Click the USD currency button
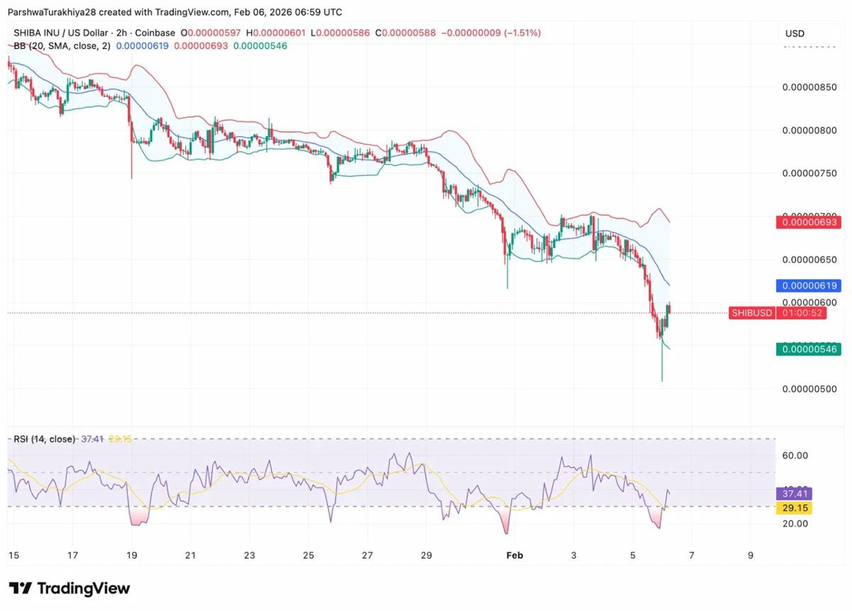point(794,33)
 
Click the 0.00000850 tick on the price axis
point(809,87)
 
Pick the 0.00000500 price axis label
point(809,389)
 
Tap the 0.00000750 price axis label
point(809,173)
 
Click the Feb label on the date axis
point(515,556)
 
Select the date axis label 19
point(131,556)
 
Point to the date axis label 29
point(426,556)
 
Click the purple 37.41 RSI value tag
point(793,493)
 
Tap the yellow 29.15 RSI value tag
point(793,508)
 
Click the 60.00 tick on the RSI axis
point(795,456)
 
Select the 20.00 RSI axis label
point(795,524)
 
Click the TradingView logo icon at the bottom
point(21,588)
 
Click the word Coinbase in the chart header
point(154,33)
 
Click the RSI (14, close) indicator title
point(44,439)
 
